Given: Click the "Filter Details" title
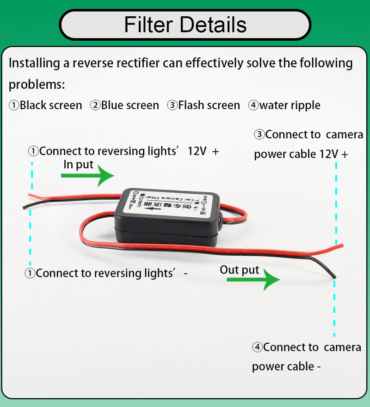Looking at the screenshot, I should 185,24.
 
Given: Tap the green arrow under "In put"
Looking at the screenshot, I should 87,176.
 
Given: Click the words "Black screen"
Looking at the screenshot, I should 51,105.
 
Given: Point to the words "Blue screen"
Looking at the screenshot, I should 130,105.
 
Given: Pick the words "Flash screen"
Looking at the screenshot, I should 209,105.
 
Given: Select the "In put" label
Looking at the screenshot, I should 78,164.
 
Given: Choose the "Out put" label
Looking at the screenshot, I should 240,270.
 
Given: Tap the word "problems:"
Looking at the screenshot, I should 37,84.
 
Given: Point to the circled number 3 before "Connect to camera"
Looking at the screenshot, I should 259,135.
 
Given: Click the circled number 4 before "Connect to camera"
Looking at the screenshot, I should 257,347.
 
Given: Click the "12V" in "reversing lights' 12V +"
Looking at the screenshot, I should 197,151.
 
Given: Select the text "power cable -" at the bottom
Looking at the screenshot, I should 286,366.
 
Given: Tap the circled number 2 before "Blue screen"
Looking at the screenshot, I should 95,105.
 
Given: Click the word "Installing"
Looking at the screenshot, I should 32,63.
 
